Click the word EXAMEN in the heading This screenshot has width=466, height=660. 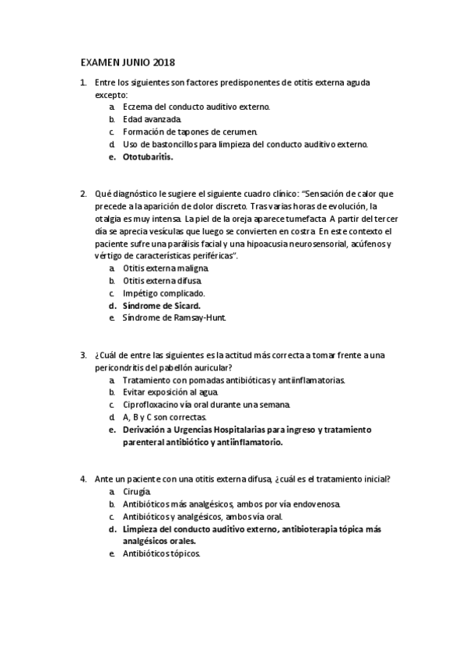(x=100, y=61)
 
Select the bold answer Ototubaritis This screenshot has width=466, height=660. (x=148, y=156)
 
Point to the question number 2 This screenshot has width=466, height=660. (x=83, y=194)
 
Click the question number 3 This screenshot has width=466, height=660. (x=83, y=355)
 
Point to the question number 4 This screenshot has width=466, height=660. (x=83, y=479)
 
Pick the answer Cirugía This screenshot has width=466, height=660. (x=138, y=492)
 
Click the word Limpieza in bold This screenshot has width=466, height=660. (x=143, y=528)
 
